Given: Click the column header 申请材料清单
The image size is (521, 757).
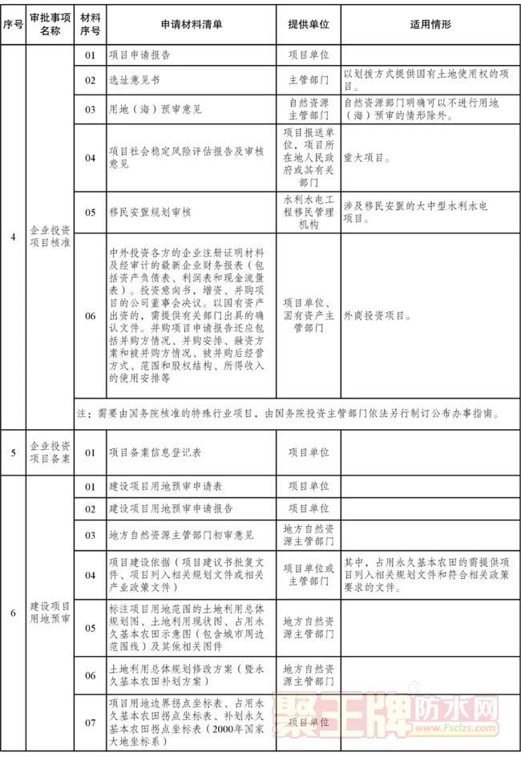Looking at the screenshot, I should coord(192,25).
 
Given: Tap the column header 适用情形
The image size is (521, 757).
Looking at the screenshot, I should coord(430,25).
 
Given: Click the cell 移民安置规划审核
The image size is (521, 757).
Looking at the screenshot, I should coord(150,213).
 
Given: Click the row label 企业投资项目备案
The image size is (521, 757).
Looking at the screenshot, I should coord(49,452).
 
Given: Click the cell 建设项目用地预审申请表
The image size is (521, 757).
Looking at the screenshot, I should coord(165,486).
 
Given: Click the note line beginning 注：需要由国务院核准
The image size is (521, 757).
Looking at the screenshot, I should coord(289,414).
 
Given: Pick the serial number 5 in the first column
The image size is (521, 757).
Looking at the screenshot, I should coord(13,452).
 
